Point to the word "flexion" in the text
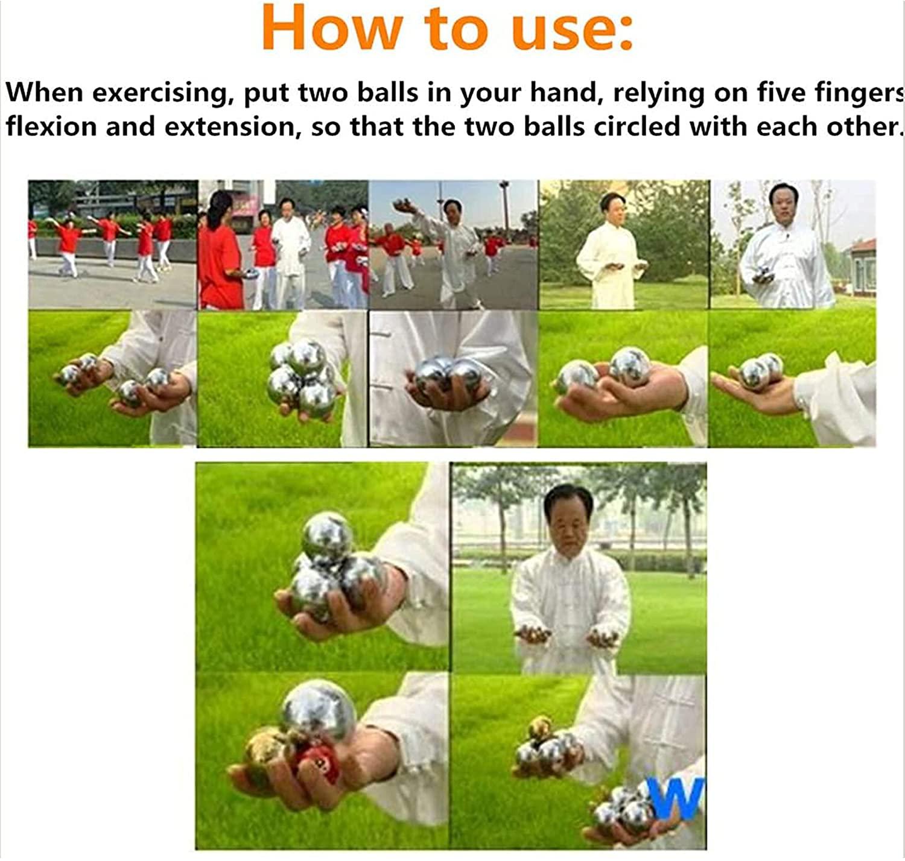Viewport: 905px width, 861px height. (x=51, y=127)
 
